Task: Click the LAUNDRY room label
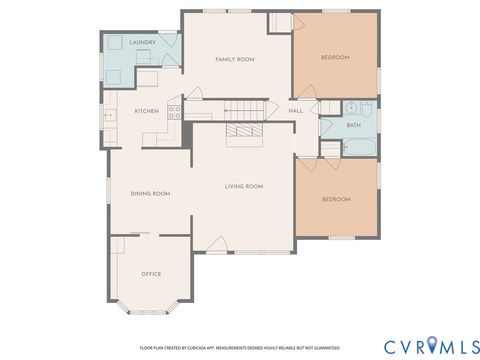[141, 42]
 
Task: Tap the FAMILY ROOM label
[235, 60]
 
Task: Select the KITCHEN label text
[146, 111]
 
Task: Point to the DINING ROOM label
[150, 193]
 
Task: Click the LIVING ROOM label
[243, 186]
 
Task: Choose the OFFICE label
[151, 273]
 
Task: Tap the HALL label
[296, 110]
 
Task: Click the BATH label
[353, 125]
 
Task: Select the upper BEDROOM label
[335, 58]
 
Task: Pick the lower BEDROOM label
[336, 200]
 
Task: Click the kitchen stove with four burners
[175, 112]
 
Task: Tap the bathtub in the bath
[358, 146]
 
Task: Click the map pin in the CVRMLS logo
[432, 345]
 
